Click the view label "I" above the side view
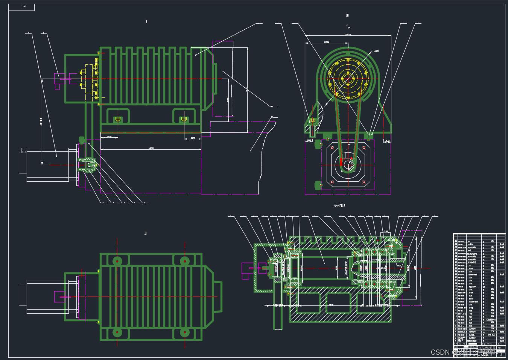point(146,21)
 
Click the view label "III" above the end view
point(347,15)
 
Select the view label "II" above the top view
point(146,233)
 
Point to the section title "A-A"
point(339,205)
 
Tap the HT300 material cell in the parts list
point(491,334)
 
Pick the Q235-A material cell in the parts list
point(491,319)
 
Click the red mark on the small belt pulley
point(341,162)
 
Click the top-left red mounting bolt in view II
point(117,261)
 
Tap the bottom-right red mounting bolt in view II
point(184,333)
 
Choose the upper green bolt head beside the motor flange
point(318,143)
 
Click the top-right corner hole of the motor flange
point(364,148)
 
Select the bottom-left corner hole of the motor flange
point(332,182)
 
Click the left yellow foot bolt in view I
point(117,119)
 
